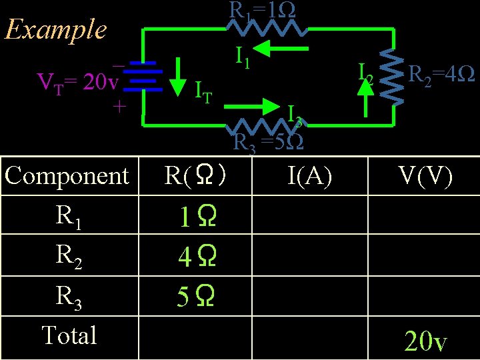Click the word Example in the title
pos(55,30)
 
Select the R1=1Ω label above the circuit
pos(263,10)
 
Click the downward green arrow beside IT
pos(177,78)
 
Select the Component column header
pos(67,176)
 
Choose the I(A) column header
pos(310,176)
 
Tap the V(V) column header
pos(425,176)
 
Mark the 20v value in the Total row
pos(425,341)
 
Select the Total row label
pos(69,335)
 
